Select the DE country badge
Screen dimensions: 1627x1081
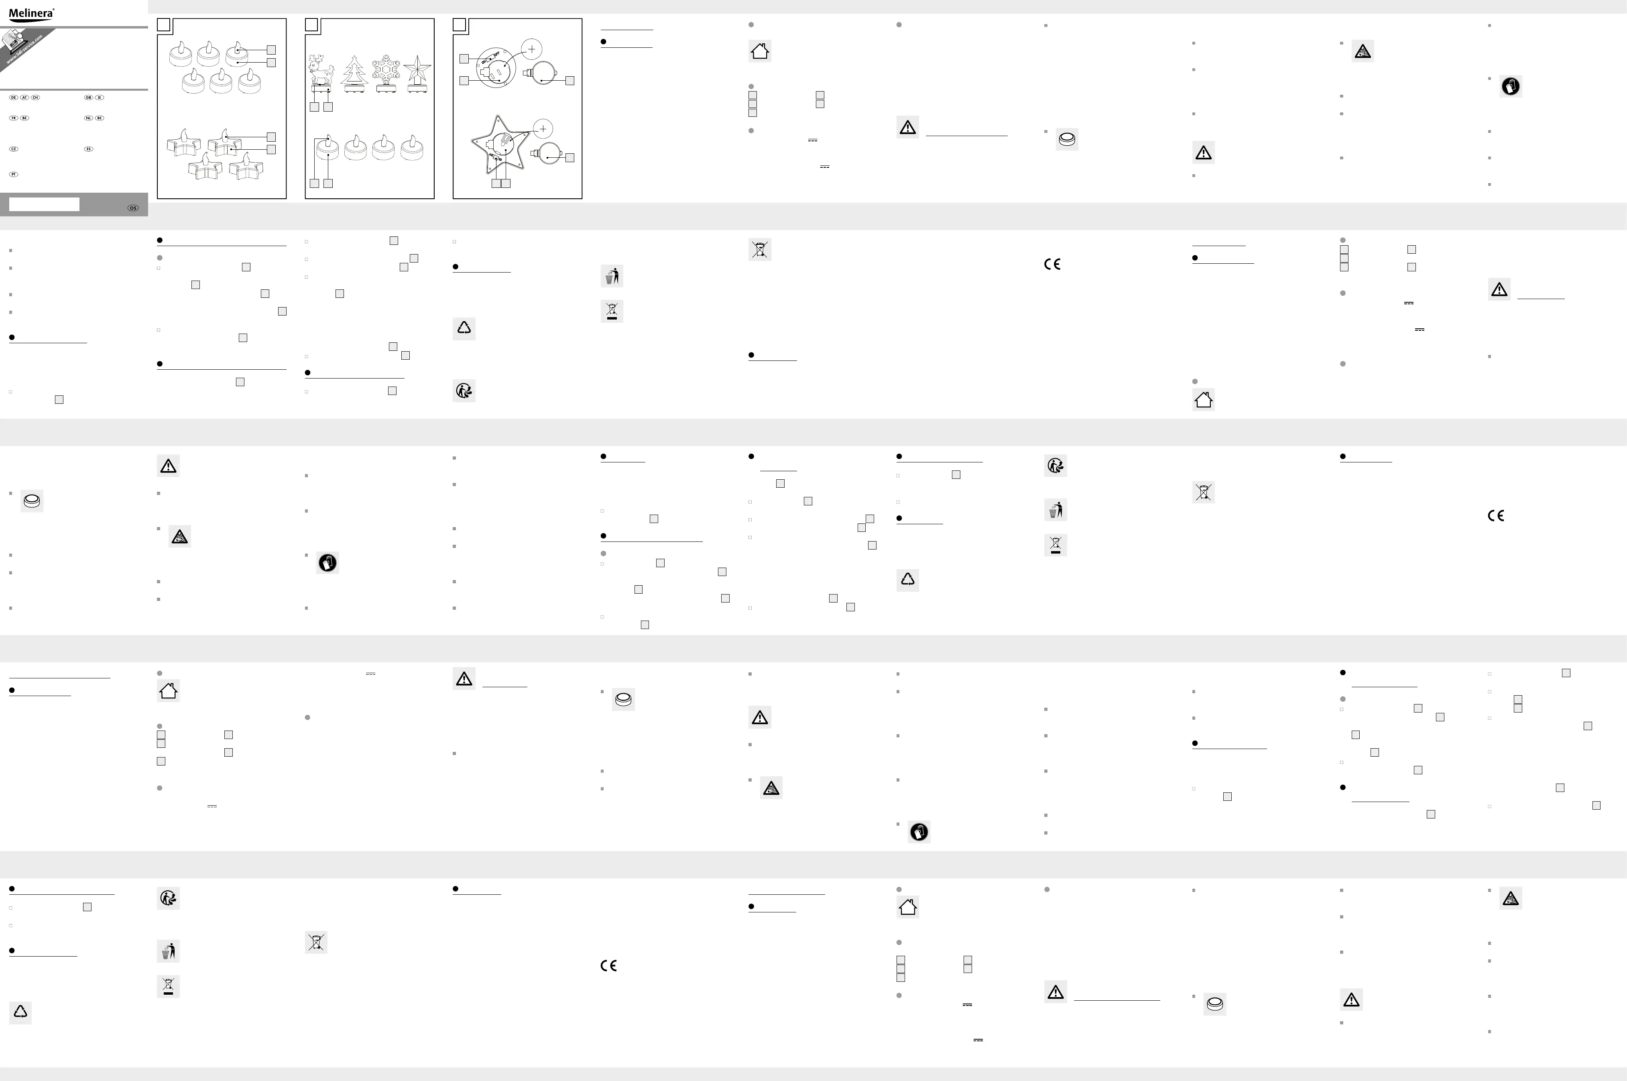14,97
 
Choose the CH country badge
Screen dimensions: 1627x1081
36,97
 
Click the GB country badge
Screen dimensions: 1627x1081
88,97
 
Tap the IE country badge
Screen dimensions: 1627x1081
99,97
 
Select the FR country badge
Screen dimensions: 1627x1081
14,118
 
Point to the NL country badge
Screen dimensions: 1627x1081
88,118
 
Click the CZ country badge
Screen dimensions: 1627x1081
14,149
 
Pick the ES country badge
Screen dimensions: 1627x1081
88,149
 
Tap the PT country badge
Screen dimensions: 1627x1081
14,175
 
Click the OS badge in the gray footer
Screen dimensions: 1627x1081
133,208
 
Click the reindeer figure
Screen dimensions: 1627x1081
321,72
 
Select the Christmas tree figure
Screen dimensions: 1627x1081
355,72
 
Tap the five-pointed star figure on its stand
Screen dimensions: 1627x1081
418,72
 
